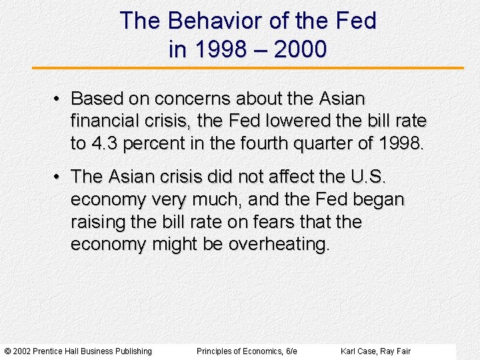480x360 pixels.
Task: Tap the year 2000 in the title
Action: pos(300,49)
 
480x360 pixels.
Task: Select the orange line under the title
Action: pos(248,68)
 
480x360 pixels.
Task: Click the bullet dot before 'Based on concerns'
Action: pos(59,99)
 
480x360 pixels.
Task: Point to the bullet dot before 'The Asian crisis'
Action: pos(59,177)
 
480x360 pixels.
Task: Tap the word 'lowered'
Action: pos(297,121)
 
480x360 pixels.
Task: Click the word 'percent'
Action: pos(149,143)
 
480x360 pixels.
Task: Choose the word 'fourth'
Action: pos(255,143)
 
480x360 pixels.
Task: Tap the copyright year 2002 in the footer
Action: pos(23,351)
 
